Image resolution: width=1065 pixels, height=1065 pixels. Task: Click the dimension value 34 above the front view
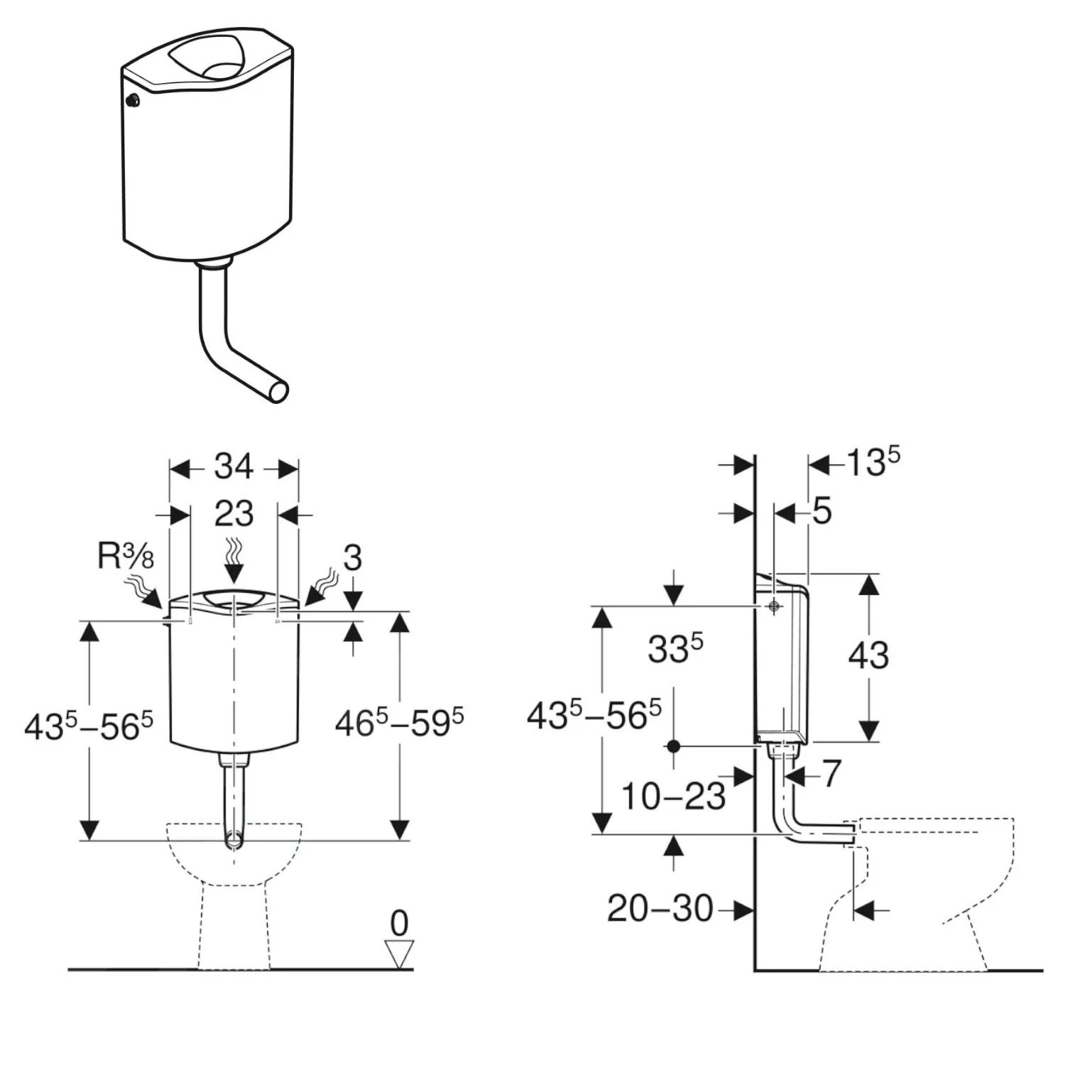pos(234,467)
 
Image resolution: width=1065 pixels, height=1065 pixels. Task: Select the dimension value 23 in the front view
pos(234,513)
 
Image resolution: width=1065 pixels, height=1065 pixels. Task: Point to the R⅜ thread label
pos(126,557)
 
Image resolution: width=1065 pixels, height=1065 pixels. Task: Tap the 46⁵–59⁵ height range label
pos(399,723)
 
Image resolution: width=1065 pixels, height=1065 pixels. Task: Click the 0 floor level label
pos(399,924)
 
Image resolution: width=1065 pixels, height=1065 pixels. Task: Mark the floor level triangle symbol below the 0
pos(399,954)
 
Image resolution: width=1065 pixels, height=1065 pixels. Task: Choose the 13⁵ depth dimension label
pos(873,464)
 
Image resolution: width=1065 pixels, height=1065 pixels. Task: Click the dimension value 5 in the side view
pos(821,511)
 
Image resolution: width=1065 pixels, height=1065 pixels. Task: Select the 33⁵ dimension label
pos(674,648)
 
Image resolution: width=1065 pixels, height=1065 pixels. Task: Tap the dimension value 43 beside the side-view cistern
pos(868,655)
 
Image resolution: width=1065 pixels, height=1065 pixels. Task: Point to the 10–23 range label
pos(673,797)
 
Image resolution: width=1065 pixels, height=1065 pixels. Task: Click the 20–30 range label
pos(660,908)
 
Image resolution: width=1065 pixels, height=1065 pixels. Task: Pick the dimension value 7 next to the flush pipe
pos(831,773)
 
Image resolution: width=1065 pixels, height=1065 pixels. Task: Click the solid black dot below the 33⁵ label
pos(674,746)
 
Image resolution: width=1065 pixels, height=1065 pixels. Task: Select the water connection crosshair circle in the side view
pos(774,606)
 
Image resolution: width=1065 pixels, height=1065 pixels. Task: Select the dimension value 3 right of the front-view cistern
pos(353,559)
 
